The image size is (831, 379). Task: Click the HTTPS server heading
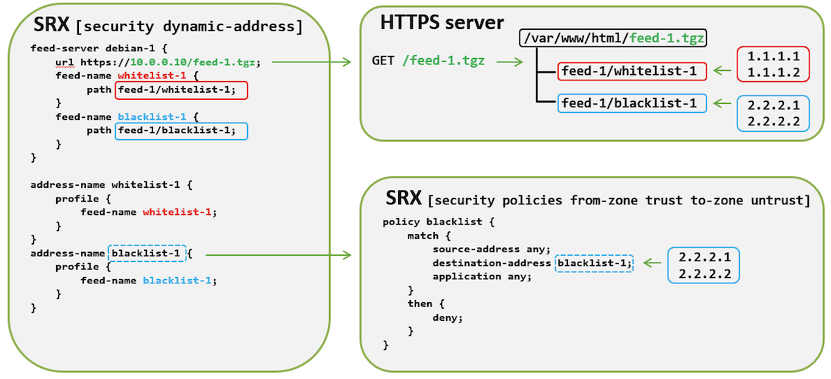[442, 22]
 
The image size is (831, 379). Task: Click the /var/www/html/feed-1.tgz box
[613, 39]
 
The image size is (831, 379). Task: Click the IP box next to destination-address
[704, 264]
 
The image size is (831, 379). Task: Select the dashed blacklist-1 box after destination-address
[594, 263]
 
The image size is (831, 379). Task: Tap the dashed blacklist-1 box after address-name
[148, 254]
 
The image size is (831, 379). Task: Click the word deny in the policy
[447, 317]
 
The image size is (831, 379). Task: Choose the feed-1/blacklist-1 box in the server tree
[633, 103]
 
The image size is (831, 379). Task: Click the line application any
[481, 276]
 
